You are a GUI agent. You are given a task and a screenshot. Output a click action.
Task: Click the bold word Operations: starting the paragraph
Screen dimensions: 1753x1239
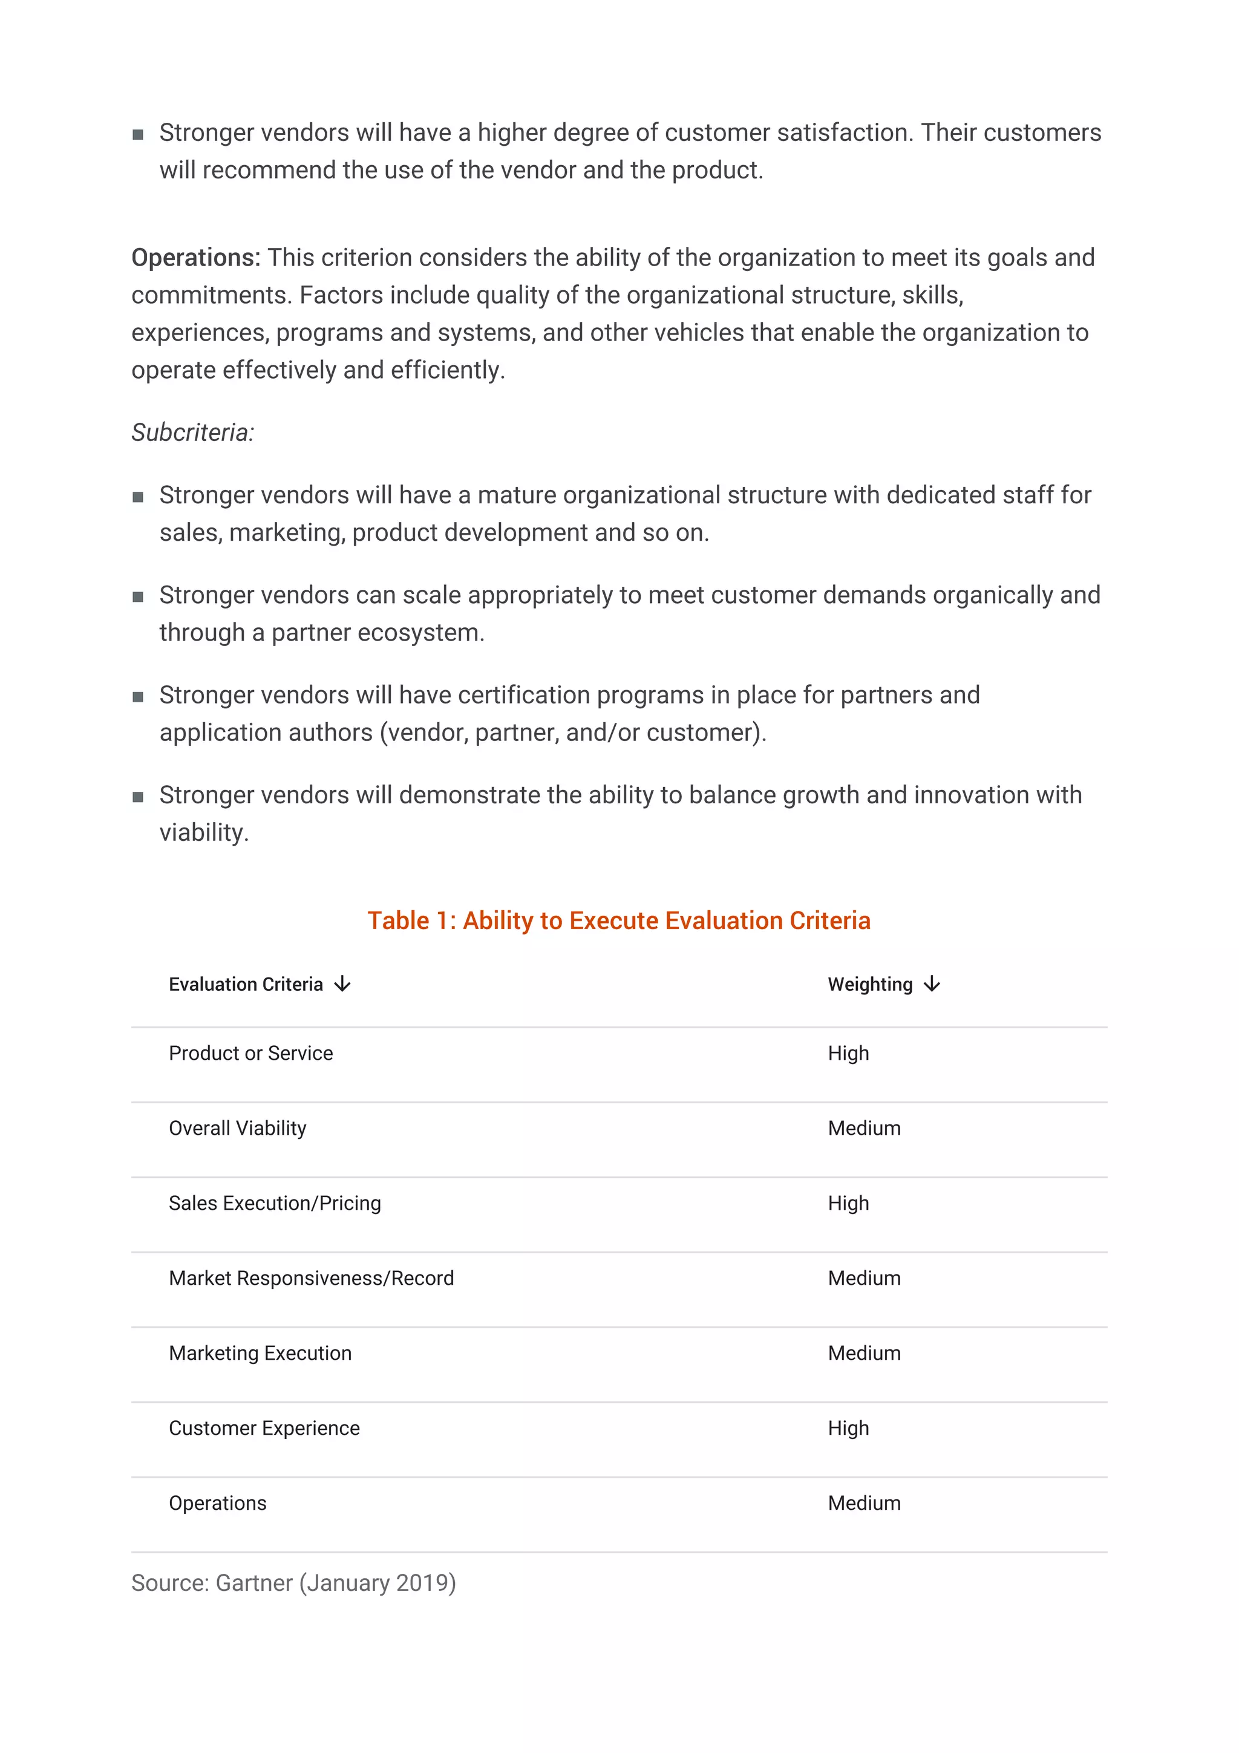pos(195,258)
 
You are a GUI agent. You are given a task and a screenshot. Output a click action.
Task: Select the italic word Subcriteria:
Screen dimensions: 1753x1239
pos(192,433)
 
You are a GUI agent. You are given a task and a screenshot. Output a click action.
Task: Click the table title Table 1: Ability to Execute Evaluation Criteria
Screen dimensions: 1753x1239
pos(618,921)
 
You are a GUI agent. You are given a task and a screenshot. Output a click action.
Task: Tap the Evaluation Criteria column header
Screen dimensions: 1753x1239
pos(246,985)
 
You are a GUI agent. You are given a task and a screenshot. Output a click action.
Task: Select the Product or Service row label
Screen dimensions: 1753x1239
pos(250,1054)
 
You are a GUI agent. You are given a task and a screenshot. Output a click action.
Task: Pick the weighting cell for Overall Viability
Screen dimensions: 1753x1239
pos(864,1129)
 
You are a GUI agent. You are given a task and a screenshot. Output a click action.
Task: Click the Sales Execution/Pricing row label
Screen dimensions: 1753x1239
pos(275,1203)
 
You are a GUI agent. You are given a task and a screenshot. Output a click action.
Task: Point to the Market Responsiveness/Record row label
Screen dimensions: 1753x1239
pos(311,1278)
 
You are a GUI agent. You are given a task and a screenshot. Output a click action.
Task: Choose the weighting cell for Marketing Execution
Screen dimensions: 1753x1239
pos(864,1353)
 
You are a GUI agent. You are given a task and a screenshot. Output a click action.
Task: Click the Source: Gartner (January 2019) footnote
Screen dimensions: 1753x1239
pos(293,1583)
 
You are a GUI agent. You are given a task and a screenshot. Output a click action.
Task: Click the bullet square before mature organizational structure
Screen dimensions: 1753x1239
pos(138,497)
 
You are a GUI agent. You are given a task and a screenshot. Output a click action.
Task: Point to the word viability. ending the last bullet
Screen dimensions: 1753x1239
pos(204,833)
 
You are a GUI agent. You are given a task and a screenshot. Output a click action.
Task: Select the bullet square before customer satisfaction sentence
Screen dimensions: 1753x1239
pos(138,134)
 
